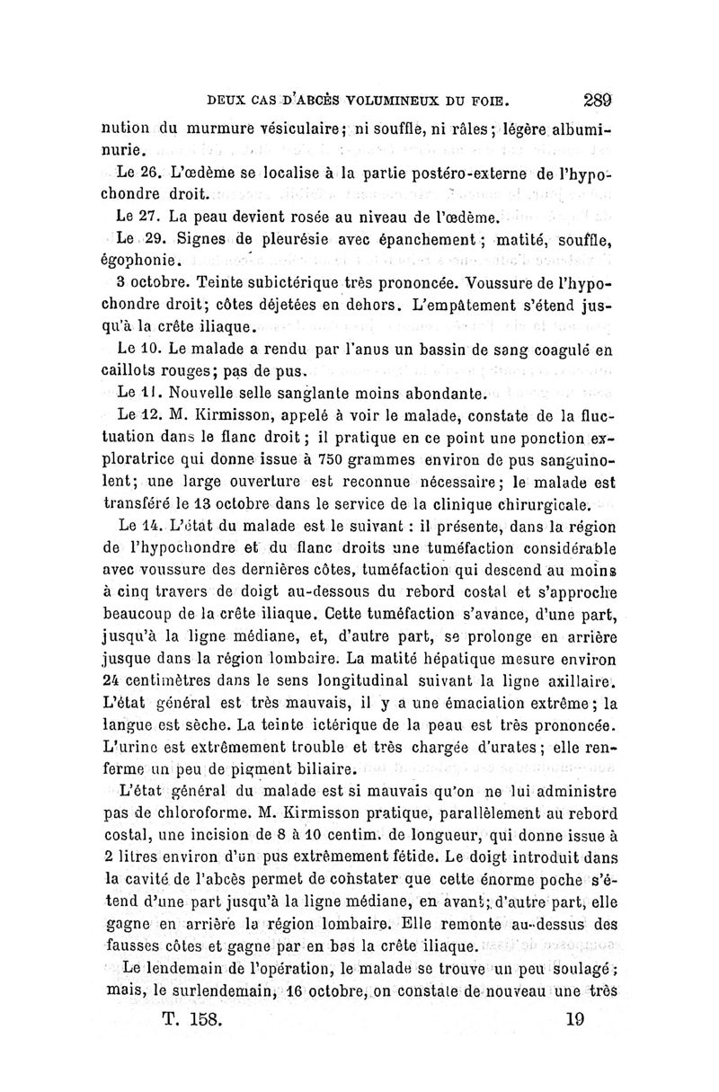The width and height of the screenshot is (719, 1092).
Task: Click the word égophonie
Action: (x=143, y=262)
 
